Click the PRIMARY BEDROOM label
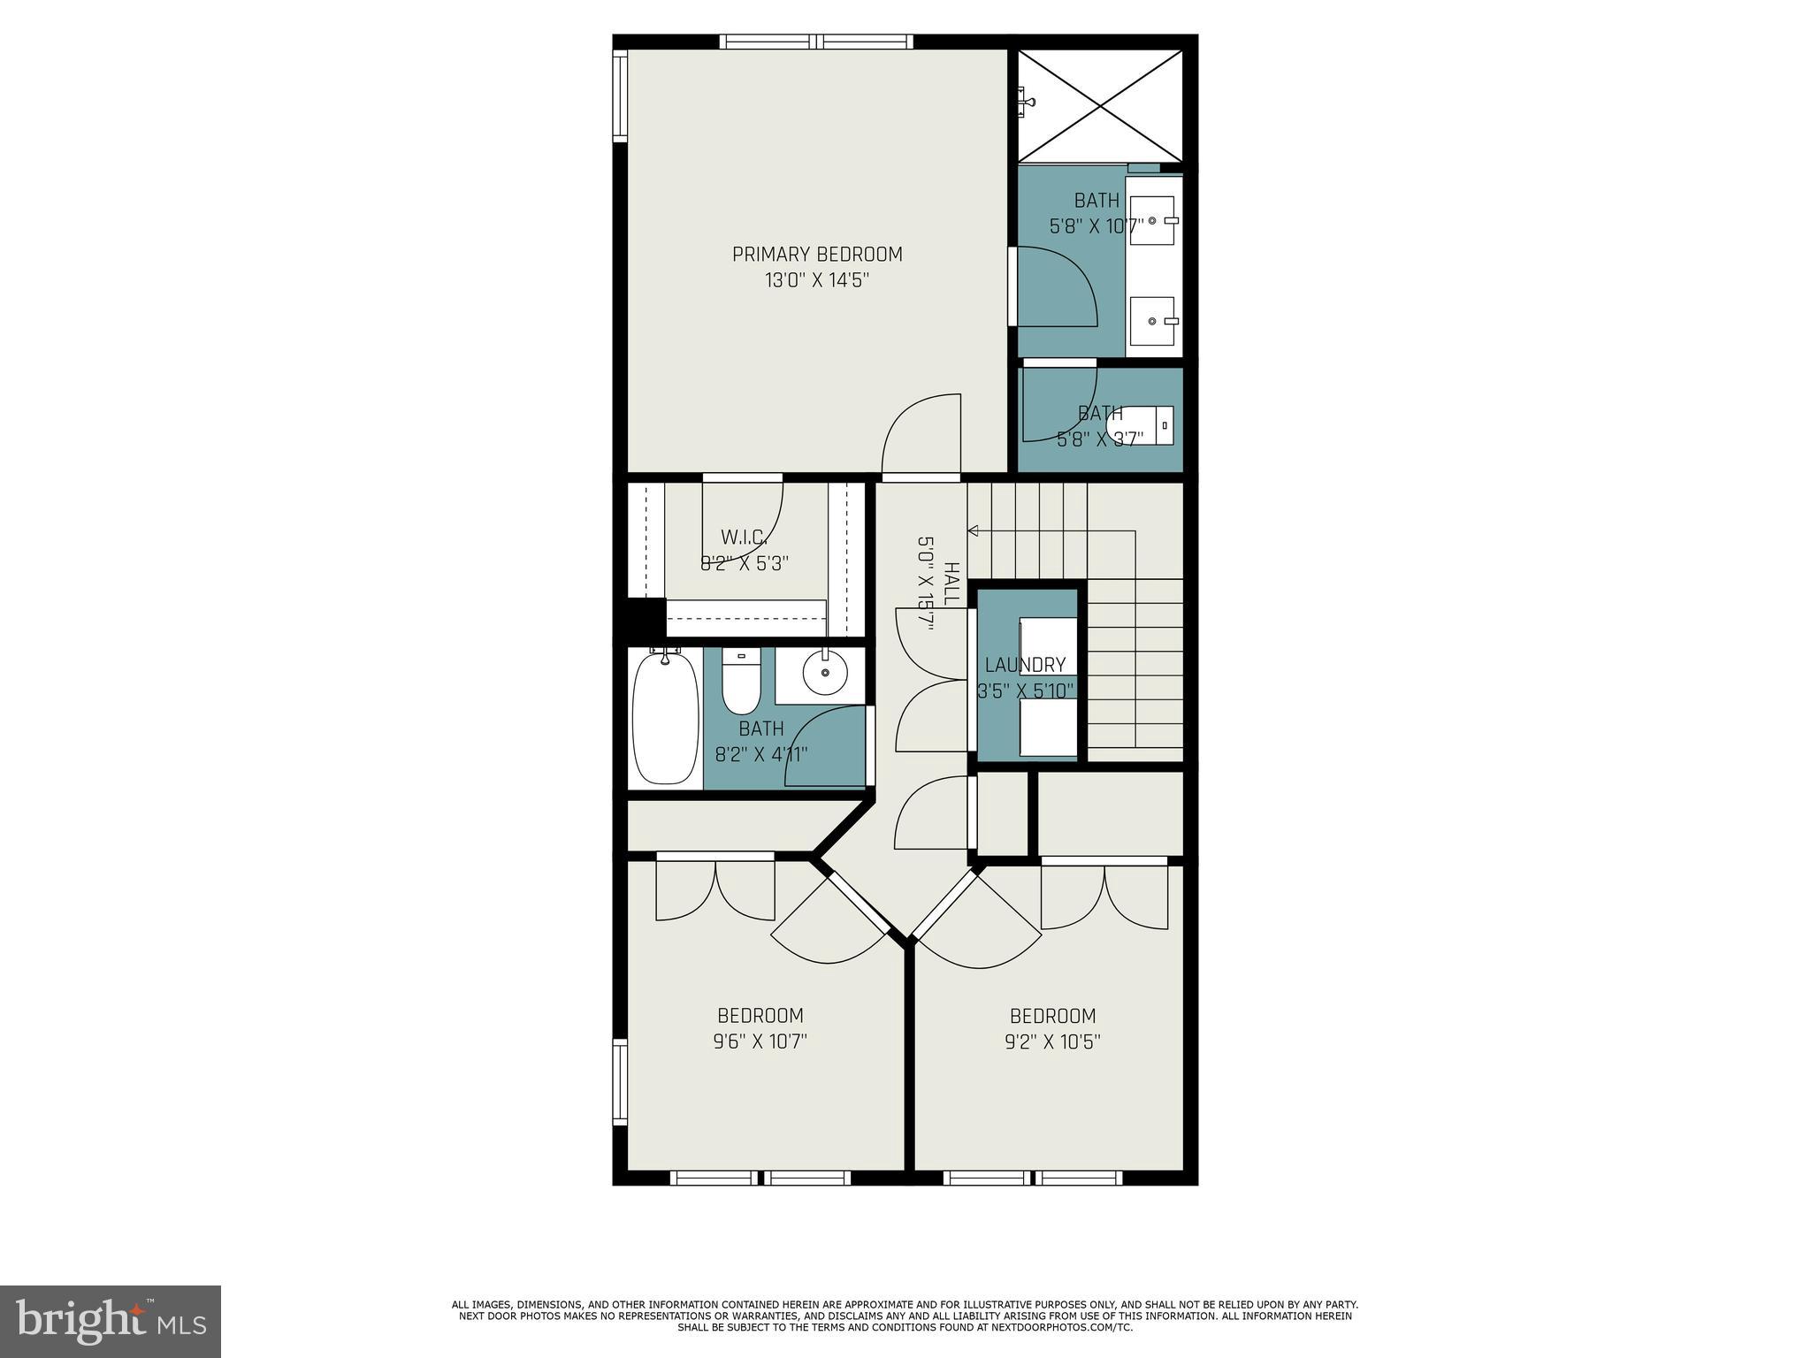(x=817, y=255)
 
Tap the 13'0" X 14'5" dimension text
(x=817, y=281)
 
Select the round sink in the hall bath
(x=825, y=675)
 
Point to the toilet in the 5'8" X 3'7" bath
(x=1141, y=426)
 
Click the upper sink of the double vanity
(x=1153, y=220)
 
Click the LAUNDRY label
(x=1025, y=665)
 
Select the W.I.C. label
(x=744, y=537)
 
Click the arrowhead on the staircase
(x=973, y=530)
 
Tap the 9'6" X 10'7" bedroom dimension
(x=760, y=1041)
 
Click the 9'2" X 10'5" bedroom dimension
(x=1052, y=1041)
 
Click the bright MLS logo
(x=111, y=1321)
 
